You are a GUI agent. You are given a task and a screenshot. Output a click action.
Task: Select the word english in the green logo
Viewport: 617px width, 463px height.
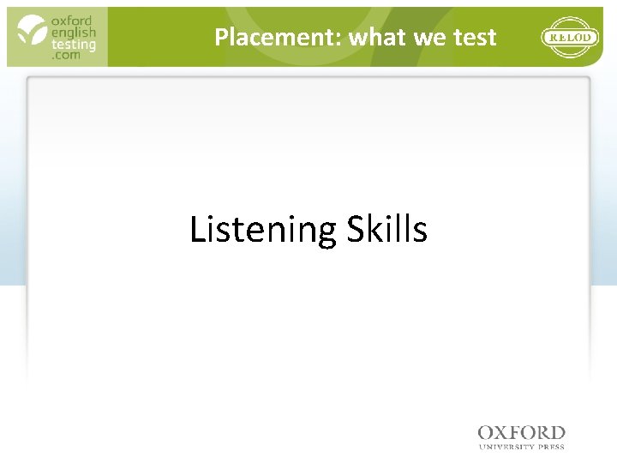click(73, 33)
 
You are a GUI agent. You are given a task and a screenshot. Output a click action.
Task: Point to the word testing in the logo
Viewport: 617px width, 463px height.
click(73, 45)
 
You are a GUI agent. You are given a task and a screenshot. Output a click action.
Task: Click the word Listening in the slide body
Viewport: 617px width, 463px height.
click(263, 231)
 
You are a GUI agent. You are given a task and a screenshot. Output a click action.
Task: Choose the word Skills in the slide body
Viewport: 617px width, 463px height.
click(386, 229)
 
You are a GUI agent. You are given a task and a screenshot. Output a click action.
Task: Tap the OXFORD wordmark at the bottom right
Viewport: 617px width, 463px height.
click(522, 433)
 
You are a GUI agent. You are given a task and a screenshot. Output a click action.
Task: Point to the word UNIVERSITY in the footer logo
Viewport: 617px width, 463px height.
click(506, 446)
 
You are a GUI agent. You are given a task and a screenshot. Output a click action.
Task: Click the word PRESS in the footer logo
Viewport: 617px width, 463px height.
click(550, 446)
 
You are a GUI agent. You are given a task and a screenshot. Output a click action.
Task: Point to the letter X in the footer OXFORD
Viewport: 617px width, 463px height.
click(506, 433)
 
